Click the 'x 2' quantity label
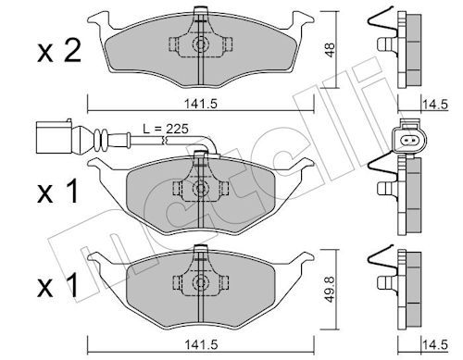coord(59,52)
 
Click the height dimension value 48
coord(330,50)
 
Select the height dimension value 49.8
coord(330,289)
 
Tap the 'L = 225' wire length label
coord(166,129)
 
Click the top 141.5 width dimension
coord(201,104)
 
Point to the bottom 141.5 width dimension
coord(201,344)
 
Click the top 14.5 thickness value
coord(434,105)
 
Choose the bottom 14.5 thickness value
coord(434,344)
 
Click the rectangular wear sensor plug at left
coord(55,137)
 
